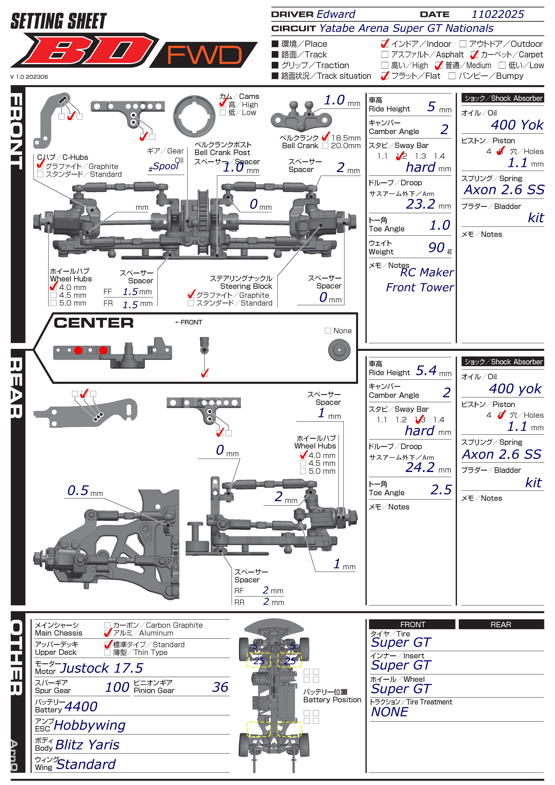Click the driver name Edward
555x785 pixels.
pyautogui.click(x=336, y=14)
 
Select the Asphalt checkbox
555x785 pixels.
pyautogui.click(x=385, y=55)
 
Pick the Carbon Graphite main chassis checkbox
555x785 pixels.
pyautogui.click(x=107, y=625)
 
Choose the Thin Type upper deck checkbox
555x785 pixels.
pyautogui.click(x=107, y=652)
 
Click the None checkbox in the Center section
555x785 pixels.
pyautogui.click(x=328, y=331)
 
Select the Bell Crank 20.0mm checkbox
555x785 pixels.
pyautogui.click(x=325, y=146)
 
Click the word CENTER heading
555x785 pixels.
pyautogui.click(x=93, y=323)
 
